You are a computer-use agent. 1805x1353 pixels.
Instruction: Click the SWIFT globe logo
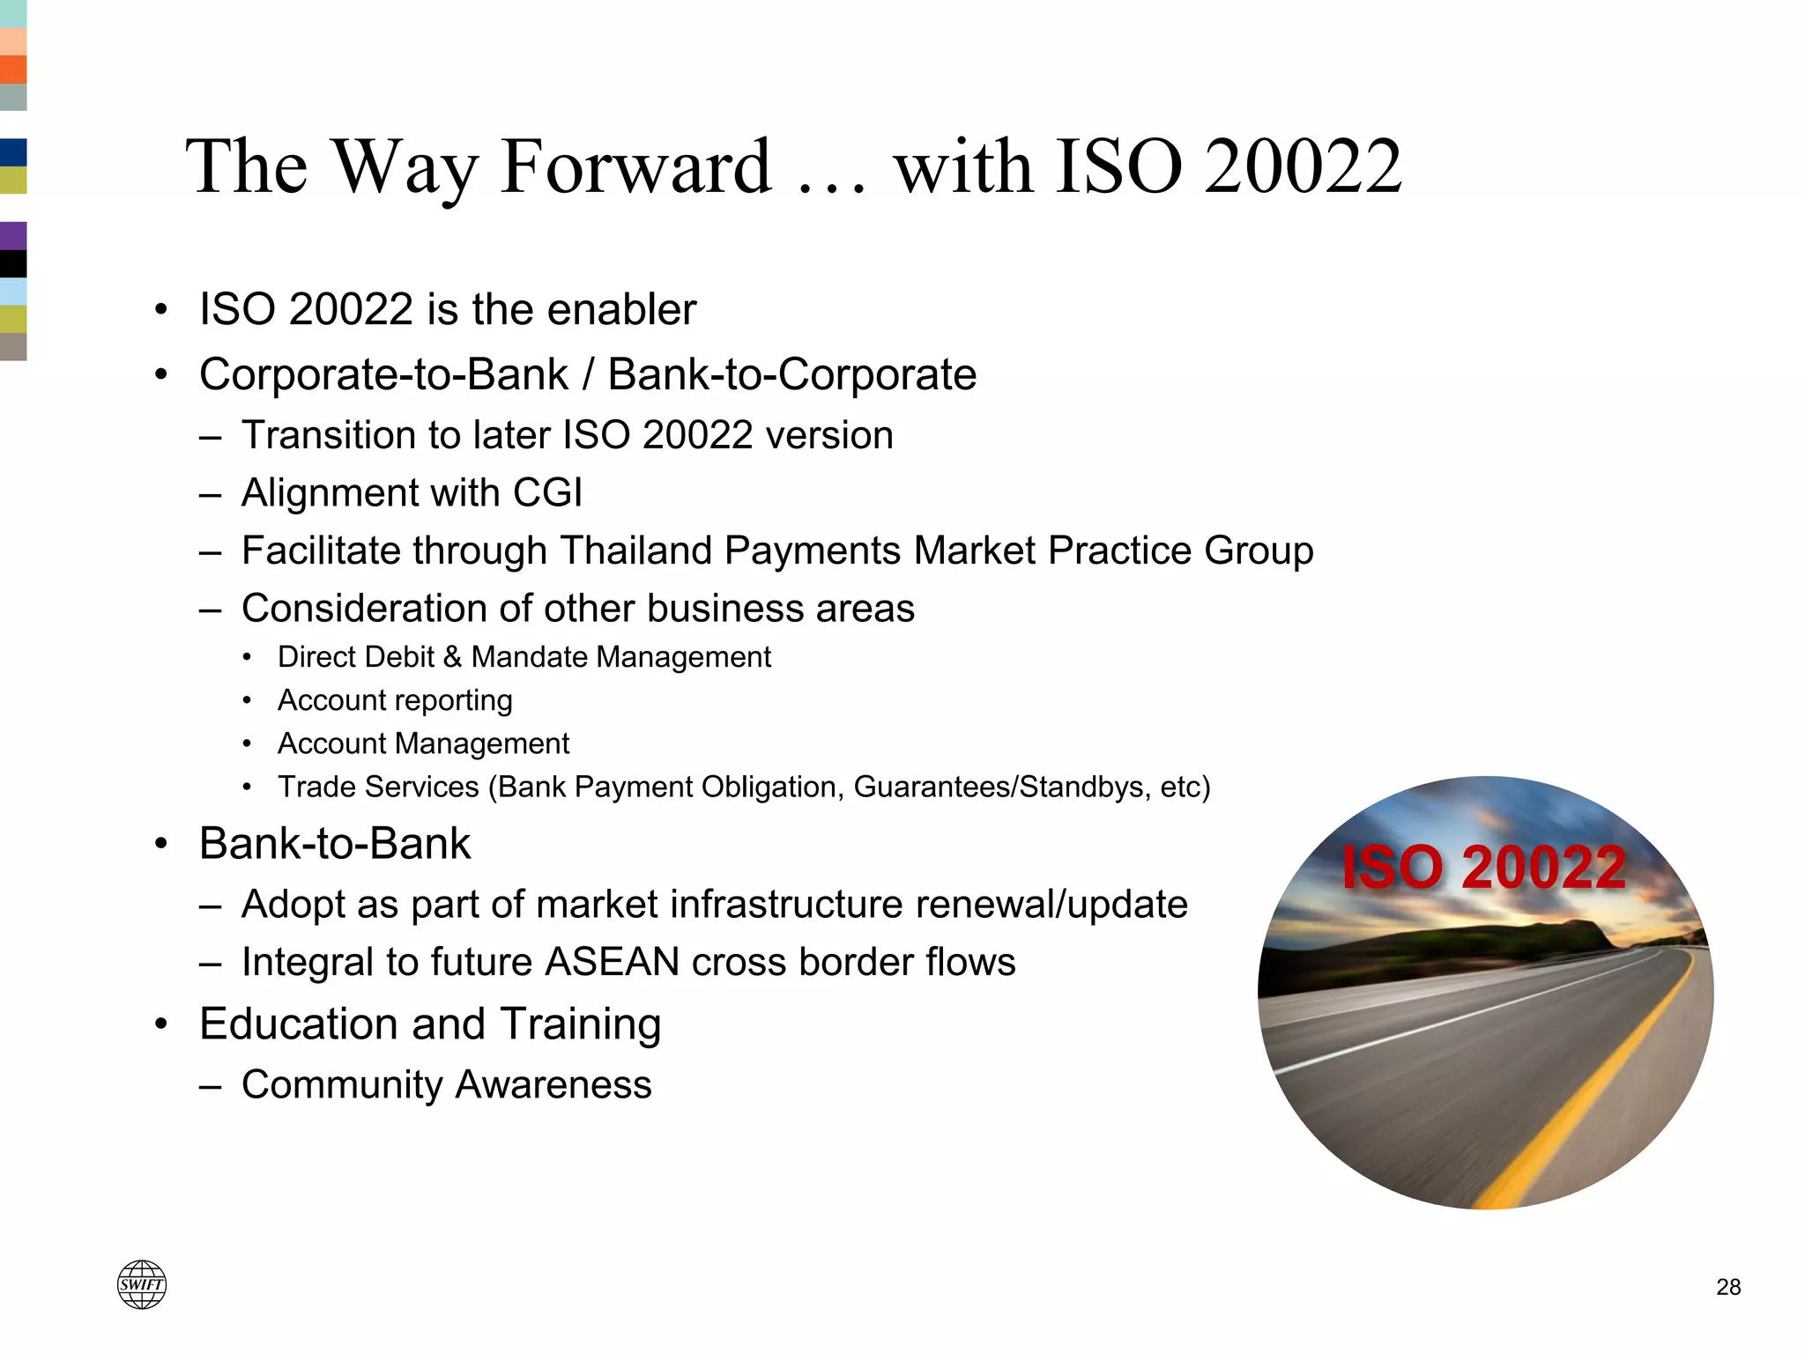pyautogui.click(x=142, y=1284)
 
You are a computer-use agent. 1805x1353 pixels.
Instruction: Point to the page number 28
pyautogui.click(x=1728, y=1287)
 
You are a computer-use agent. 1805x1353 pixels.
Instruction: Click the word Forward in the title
pyautogui.click(x=635, y=166)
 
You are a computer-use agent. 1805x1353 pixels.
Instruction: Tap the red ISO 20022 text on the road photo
pyautogui.click(x=1484, y=868)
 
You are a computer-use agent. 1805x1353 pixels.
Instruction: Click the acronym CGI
pyautogui.click(x=547, y=492)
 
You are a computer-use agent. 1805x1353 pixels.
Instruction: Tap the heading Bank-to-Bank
pyautogui.click(x=335, y=844)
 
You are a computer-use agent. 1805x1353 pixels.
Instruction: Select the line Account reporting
pyautogui.click(x=395, y=700)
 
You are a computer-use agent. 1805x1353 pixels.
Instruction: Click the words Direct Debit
pyautogui.click(x=356, y=657)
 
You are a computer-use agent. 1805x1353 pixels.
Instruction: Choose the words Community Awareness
pyautogui.click(x=447, y=1084)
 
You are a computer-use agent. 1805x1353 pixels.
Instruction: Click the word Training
pyautogui.click(x=581, y=1024)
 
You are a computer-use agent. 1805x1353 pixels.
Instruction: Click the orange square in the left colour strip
pyautogui.click(x=13, y=70)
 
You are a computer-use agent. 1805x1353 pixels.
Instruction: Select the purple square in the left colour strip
pyautogui.click(x=13, y=236)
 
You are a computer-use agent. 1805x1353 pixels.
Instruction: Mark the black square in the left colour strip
pyautogui.click(x=13, y=263)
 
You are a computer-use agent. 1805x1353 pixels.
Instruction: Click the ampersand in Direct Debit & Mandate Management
pyautogui.click(x=452, y=657)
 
